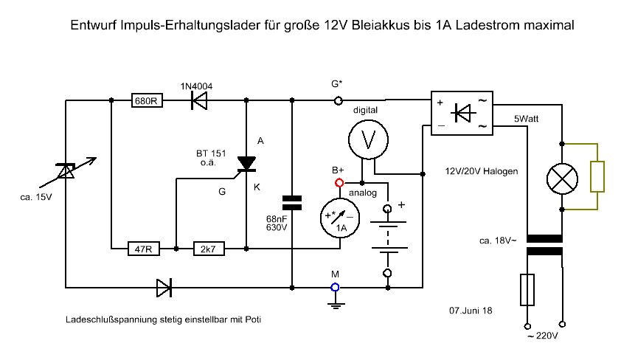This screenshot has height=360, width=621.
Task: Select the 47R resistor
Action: coord(143,249)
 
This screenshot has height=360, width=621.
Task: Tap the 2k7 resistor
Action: coord(209,249)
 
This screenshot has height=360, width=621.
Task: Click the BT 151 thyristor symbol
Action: coord(246,164)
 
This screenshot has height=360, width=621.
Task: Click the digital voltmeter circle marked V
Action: coord(367,139)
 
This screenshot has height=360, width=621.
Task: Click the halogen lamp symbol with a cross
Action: coord(563,177)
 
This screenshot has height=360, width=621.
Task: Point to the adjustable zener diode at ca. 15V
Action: coord(66,170)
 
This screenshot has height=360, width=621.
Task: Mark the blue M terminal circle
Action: coord(335,287)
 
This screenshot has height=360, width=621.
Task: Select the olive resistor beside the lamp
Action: coord(597,176)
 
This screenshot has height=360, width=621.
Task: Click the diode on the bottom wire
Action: coord(164,287)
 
